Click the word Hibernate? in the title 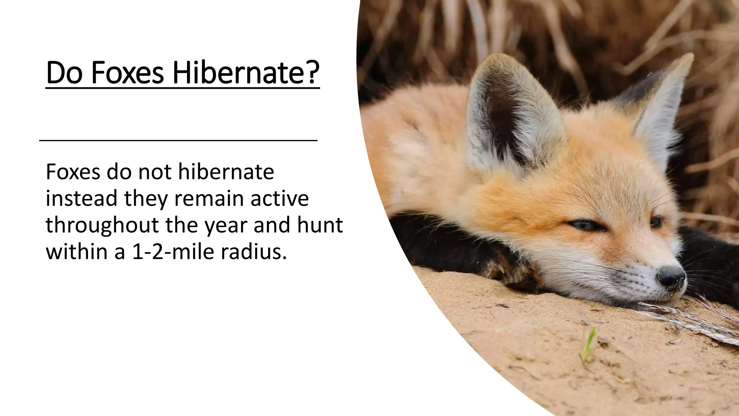click(246, 73)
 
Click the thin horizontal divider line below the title click(178, 140)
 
